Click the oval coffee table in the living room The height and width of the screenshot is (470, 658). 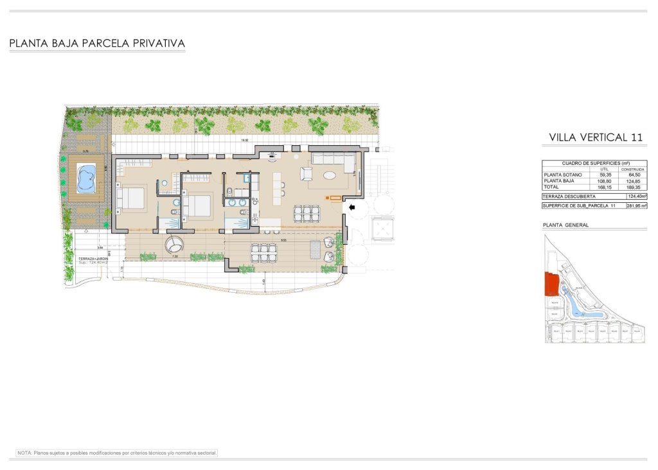click(328, 175)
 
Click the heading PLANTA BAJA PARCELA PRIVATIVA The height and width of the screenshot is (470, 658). click(97, 44)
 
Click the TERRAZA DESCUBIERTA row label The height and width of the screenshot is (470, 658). click(569, 196)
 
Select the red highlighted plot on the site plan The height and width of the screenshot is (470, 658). click(551, 283)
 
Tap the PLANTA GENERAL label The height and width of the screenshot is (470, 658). click(565, 225)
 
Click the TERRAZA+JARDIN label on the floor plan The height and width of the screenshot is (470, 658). click(93, 258)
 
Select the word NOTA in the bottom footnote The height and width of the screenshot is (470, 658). click(24, 453)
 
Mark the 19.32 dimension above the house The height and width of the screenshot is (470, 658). click(244, 140)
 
